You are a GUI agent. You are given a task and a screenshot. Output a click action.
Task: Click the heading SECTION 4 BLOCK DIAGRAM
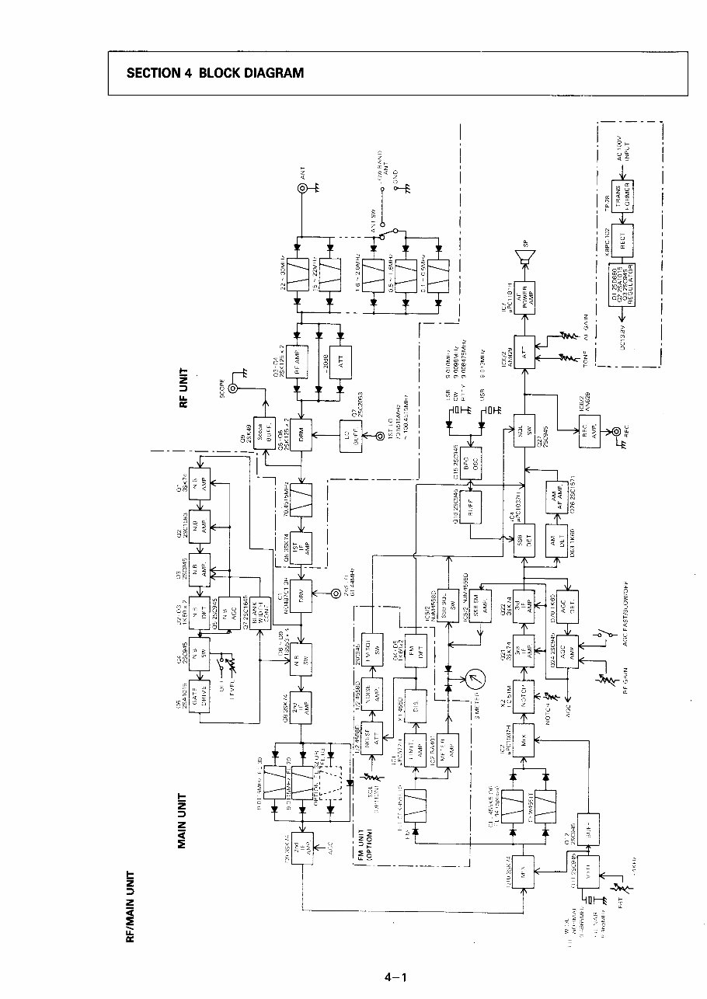coord(214,74)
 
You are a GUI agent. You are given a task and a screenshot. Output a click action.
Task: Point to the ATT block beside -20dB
coord(340,362)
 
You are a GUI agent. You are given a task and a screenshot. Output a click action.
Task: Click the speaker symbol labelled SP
coord(526,257)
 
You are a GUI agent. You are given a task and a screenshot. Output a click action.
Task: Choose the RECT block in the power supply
coord(622,233)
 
